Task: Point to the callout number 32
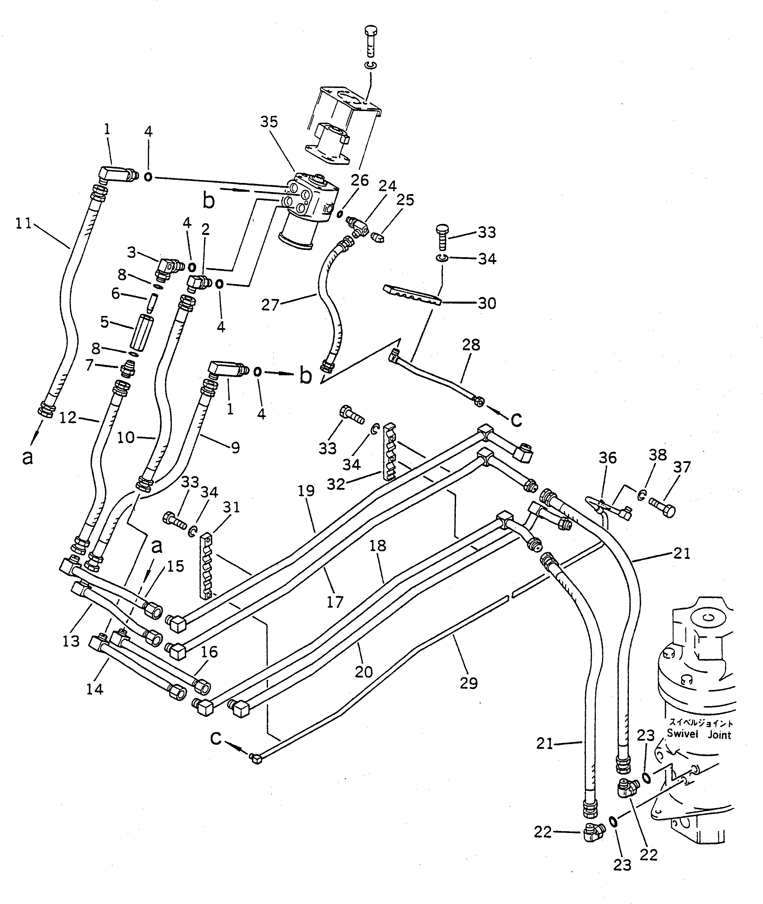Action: click(336, 484)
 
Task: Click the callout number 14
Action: click(95, 689)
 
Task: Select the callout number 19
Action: click(306, 491)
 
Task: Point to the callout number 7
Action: click(89, 366)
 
